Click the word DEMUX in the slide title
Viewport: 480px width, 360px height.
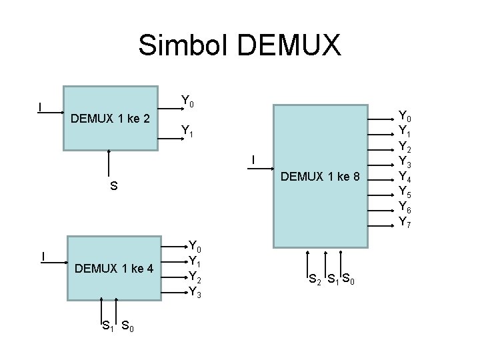[x=289, y=45]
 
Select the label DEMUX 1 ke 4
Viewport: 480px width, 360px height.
[x=114, y=269]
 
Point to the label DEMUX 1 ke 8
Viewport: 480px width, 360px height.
[x=321, y=177]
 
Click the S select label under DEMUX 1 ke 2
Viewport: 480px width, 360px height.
[x=113, y=187]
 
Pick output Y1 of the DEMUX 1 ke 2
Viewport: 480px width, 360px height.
[x=187, y=131]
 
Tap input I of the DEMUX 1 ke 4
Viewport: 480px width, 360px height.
[x=43, y=256]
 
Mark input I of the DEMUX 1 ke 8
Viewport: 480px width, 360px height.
[x=253, y=160]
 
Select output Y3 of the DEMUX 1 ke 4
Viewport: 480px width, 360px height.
[x=195, y=291]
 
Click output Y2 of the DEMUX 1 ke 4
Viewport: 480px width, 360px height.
[x=195, y=276]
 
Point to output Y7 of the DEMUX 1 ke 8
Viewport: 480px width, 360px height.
[x=405, y=221]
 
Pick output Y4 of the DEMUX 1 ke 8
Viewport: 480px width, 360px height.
[x=405, y=177]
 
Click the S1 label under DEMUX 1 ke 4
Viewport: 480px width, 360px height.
[x=107, y=326]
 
